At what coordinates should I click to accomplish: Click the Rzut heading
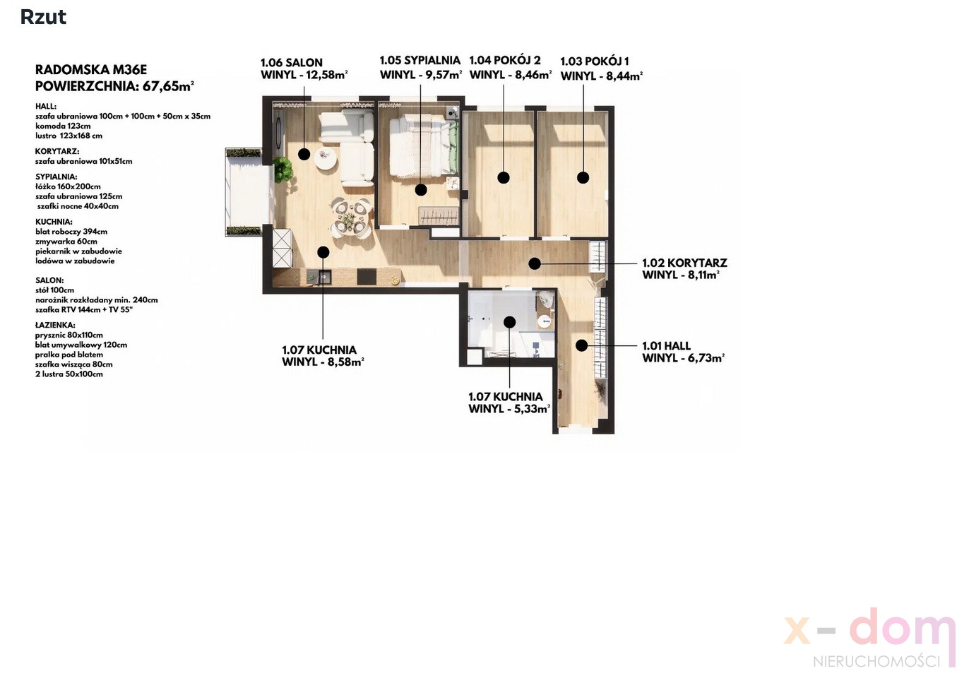coord(43,18)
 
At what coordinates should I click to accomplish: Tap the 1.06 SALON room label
coord(292,63)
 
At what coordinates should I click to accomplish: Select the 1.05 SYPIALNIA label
coord(420,60)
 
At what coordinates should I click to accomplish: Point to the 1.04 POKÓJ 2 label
coord(505,60)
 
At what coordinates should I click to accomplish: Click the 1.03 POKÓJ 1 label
coord(595,61)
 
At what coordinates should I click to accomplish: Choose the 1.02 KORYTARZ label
coord(684,263)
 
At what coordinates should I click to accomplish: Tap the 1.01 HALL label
coord(666,346)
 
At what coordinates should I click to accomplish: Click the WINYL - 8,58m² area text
coord(323,362)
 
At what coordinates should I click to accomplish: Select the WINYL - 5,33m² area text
coord(509,408)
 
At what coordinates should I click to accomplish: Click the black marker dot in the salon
coord(304,154)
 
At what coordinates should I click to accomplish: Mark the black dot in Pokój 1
coord(583,177)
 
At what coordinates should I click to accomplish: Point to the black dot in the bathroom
coord(510,322)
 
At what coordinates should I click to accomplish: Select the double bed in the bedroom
coord(424,146)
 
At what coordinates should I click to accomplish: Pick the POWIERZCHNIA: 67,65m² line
coord(114,86)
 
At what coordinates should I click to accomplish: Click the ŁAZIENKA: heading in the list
coord(55,326)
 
